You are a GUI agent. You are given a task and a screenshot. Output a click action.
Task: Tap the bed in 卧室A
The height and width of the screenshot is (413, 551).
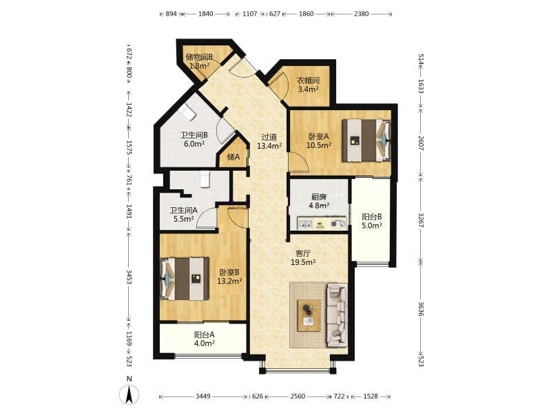366,140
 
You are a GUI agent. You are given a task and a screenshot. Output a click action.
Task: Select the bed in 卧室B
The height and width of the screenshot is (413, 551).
184,279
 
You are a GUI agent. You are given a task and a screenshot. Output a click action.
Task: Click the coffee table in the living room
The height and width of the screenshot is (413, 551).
309,315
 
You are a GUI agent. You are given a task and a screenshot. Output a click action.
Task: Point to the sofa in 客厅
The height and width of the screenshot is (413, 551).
337,315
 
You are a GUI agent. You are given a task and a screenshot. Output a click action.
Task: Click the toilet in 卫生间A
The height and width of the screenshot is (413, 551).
204,179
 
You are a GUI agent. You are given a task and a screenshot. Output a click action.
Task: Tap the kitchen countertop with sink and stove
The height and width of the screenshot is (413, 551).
322,223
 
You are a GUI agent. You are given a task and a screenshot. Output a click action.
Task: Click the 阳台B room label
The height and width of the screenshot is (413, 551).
372,221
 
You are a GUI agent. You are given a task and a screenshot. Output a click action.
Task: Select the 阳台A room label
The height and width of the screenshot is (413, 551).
205,339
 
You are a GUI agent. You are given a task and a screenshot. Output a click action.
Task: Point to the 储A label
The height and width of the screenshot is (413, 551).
233,157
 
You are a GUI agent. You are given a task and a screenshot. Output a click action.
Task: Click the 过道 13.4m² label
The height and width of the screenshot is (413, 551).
269,141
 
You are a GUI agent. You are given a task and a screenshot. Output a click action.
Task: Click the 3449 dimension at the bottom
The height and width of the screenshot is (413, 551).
202,396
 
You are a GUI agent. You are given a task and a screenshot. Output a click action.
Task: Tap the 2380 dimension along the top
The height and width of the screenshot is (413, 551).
361,14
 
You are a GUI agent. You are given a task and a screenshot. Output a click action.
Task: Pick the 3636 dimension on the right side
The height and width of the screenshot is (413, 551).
421,308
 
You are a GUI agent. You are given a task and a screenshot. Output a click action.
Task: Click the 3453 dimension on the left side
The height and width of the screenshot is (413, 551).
129,277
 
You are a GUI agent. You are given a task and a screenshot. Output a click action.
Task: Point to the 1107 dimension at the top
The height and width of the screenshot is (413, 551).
250,14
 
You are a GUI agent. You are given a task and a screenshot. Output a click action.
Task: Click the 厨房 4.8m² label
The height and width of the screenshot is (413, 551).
319,201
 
